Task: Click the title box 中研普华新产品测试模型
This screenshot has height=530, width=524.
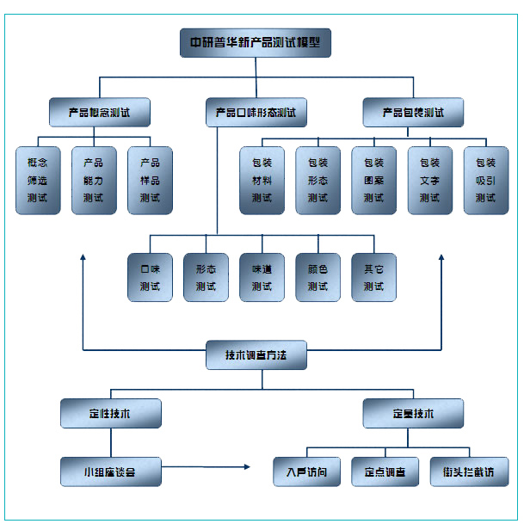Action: (256, 42)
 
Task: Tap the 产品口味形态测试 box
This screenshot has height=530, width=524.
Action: (256, 112)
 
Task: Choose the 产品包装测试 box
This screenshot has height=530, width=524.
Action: (413, 112)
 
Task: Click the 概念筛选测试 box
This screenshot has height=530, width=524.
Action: (38, 180)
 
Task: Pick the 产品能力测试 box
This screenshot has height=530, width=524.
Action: (94, 180)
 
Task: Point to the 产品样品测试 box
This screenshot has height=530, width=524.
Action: (150, 180)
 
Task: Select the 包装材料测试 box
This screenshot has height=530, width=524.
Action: (262, 180)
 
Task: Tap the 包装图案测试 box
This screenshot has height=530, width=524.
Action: (373, 180)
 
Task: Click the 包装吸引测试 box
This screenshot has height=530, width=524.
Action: (485, 180)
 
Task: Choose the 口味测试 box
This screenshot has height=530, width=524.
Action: (150, 277)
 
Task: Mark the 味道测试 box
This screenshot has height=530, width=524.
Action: (262, 277)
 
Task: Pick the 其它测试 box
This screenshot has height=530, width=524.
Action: (373, 277)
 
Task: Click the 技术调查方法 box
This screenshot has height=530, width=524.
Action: (256, 354)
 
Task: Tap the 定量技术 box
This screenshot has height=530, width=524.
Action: (413, 413)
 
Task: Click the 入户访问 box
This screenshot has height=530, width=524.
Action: (307, 471)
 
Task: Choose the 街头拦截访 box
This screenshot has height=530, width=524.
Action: (469, 471)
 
